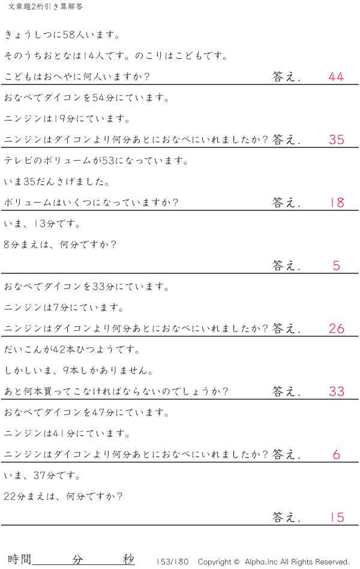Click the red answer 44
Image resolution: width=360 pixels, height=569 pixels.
coord(336,77)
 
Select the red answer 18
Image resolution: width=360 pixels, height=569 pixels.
coord(337,203)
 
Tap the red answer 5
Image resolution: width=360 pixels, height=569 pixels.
coord(336,266)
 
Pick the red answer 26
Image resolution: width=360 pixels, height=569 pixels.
coord(337,329)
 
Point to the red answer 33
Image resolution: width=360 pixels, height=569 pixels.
coord(337,392)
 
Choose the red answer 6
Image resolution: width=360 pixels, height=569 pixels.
coord(336,454)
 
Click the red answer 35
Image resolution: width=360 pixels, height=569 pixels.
coord(337,140)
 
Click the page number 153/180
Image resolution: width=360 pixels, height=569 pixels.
coord(172,562)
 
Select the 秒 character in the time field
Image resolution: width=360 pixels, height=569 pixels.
coord(128,559)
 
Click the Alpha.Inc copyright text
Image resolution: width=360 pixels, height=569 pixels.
coord(274,562)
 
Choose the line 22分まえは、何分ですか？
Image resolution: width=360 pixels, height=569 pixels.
coord(64,496)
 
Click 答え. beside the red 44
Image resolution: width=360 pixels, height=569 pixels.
coord(286,77)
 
